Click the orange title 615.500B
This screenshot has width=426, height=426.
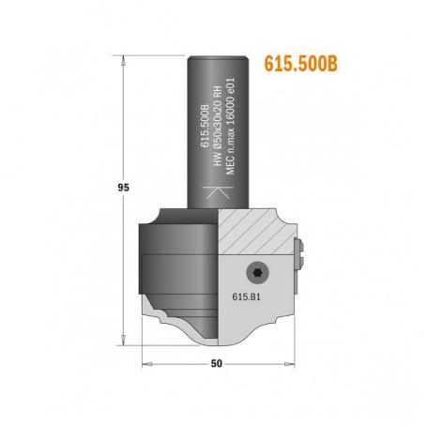[x=301, y=64]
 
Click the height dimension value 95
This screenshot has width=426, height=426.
[x=123, y=188]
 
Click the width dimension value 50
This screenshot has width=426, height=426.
[x=217, y=363]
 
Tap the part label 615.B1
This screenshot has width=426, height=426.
[x=246, y=297]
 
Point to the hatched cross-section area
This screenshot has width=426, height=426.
[x=253, y=232]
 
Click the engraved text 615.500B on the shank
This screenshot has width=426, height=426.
[x=205, y=126]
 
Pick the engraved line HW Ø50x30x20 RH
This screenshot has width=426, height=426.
[x=218, y=126]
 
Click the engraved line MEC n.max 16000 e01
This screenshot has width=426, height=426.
[x=230, y=126]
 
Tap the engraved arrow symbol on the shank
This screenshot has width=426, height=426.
[x=218, y=192]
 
